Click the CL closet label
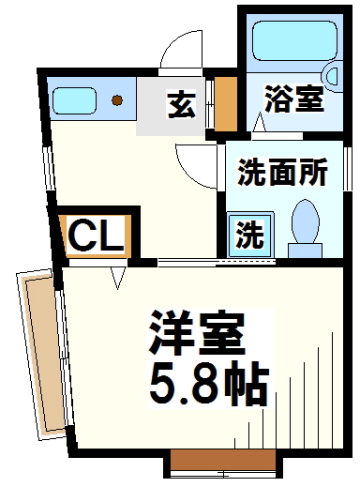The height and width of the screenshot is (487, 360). (x=95, y=236)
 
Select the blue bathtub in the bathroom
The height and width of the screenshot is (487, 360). (x=286, y=42)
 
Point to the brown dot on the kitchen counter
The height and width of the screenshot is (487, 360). (x=117, y=100)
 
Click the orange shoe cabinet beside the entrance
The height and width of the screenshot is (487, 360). (x=226, y=104)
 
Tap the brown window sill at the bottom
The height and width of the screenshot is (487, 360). (x=222, y=463)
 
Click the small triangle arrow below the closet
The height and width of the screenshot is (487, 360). (x=119, y=278)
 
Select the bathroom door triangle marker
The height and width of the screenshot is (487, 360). (x=259, y=120)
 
